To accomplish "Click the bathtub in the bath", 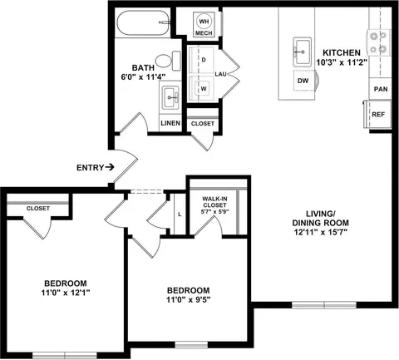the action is (144, 23).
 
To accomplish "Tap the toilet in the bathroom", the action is (169, 61).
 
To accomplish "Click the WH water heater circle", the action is (204, 22).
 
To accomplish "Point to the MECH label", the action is (204, 33).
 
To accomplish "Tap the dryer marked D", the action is (201, 60).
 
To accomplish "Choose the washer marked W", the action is (201, 89).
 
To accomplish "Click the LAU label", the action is (221, 74).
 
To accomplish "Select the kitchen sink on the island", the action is (302, 52).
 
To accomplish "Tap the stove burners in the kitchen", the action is (378, 42).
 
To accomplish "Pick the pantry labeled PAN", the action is (380, 89).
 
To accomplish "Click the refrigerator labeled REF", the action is (377, 114).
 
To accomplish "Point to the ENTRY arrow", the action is (110, 167).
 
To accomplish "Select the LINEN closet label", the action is (170, 123).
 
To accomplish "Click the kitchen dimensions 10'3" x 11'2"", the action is (342, 62).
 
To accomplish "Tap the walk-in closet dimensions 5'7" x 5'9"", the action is (215, 212).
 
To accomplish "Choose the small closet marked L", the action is (180, 214).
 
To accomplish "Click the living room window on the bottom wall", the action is (324, 305).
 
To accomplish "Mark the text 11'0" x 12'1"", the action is (66, 293).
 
